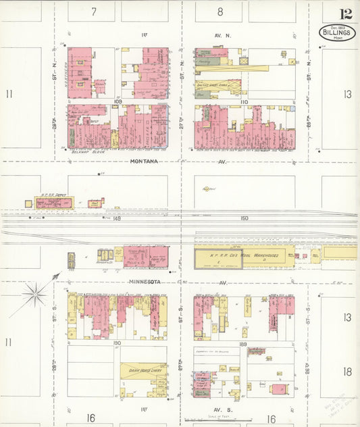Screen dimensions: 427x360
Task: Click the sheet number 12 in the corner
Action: coord(345,14)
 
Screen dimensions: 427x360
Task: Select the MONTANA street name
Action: coord(144,161)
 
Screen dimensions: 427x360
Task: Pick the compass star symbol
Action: coord(33,294)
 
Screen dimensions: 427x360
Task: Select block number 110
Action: coord(243,102)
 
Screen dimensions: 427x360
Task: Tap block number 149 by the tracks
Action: coord(117,218)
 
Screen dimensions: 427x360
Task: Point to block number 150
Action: coord(244,218)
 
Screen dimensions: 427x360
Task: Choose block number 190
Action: coord(117,343)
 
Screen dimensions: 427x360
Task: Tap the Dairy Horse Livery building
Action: coord(143,370)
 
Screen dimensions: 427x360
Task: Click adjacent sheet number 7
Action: coord(94,11)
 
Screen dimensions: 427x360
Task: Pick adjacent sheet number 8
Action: coord(220,11)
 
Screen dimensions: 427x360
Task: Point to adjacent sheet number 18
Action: coord(347,371)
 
